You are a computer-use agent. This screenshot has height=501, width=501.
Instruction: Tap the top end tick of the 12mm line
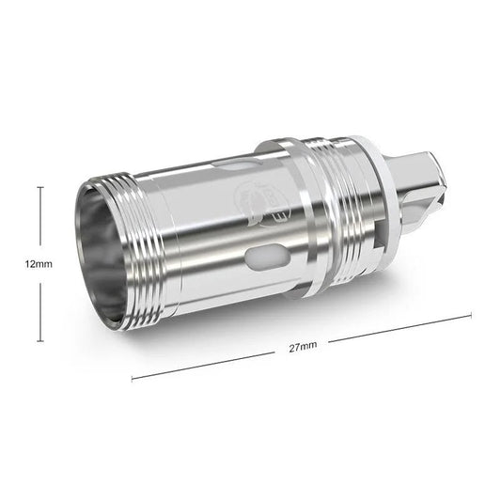coord(39,188)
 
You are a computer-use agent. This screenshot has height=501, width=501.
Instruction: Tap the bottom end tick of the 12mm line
coord(39,340)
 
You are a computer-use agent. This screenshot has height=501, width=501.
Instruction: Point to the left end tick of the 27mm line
coord(132,379)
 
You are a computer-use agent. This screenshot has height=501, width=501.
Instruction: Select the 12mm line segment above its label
coord(39,221)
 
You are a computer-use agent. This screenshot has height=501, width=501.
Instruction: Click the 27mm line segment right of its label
coord(395,329)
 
